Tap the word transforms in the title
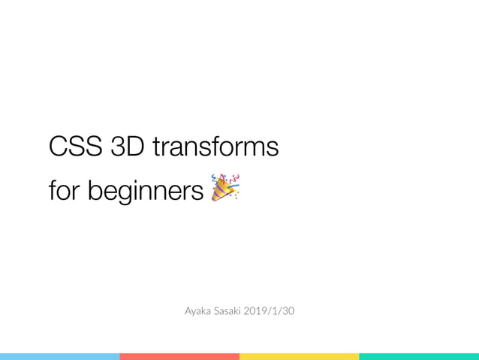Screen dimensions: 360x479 [215, 147]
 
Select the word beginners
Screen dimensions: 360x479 [146, 192]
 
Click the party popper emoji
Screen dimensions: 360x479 [224, 187]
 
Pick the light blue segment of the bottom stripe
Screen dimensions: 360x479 [60, 356]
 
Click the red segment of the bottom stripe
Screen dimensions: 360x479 [179, 356]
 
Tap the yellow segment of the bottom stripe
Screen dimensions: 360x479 [299, 356]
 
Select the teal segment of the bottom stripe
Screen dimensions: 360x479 [419, 356]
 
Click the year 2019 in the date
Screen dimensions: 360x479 [265, 310]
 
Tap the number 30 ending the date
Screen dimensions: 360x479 [289, 310]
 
